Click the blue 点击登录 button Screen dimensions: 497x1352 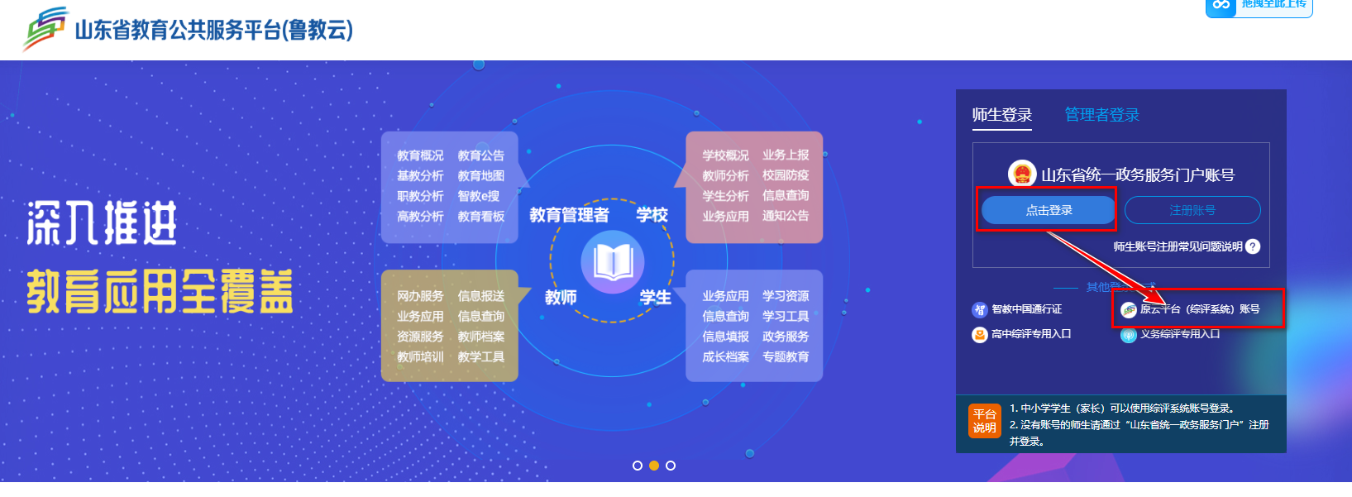click(1048, 210)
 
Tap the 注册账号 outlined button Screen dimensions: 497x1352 click(1192, 210)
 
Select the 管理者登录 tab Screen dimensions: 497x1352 click(1101, 115)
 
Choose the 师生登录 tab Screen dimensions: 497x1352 click(1001, 115)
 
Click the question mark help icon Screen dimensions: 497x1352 click(1253, 246)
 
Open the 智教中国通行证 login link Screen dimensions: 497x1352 click(1025, 309)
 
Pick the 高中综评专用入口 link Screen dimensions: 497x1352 click(1030, 334)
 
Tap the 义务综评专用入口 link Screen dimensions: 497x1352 click(1179, 334)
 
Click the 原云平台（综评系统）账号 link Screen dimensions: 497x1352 click(1199, 309)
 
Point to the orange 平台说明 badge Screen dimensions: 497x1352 click(984, 421)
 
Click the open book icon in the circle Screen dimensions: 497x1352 click(613, 262)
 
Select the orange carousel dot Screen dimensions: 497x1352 click(653, 466)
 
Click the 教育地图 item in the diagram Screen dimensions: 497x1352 click(480, 175)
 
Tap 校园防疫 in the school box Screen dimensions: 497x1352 click(786, 175)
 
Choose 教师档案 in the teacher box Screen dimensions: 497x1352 click(480, 337)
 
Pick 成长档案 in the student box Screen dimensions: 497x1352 click(725, 357)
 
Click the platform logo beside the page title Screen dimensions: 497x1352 click(45, 29)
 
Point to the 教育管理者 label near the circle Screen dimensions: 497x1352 click(569, 215)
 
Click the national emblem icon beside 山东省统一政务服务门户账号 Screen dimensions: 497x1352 click(1022, 174)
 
